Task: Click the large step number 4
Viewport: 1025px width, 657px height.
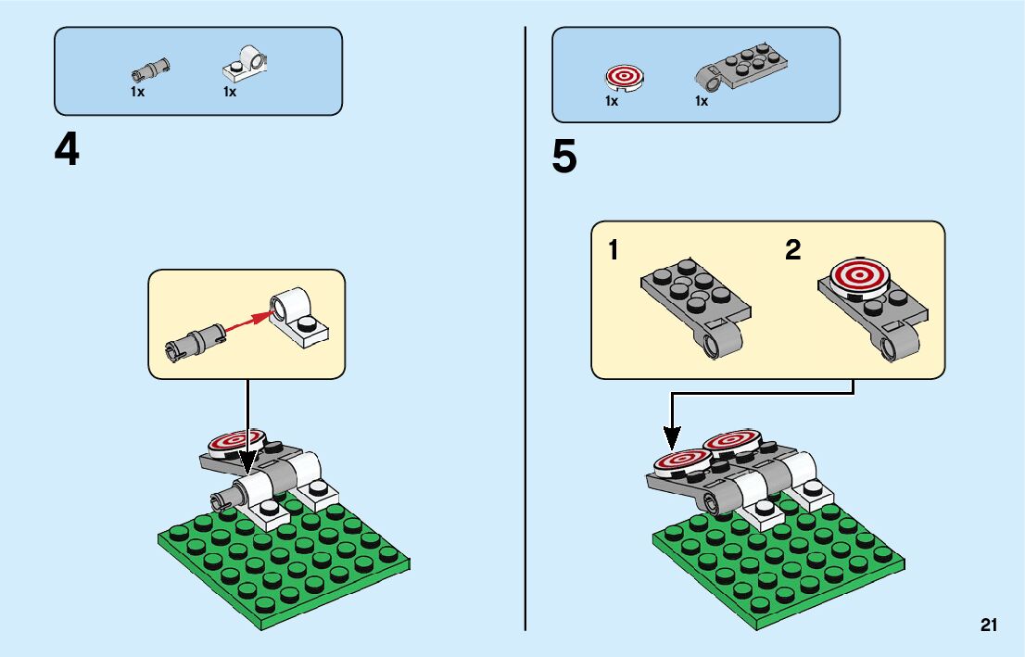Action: (x=66, y=150)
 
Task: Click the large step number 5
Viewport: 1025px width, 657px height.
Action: (x=563, y=158)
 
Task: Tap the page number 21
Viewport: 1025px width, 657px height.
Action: (x=988, y=625)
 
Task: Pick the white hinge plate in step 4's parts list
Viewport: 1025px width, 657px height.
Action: (x=246, y=63)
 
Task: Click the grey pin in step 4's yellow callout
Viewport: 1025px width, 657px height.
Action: (x=194, y=339)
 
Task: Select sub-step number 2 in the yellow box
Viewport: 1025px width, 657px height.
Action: (x=792, y=250)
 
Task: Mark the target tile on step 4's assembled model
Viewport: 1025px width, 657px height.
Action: (x=235, y=440)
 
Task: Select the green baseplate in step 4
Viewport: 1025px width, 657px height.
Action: (x=283, y=561)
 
